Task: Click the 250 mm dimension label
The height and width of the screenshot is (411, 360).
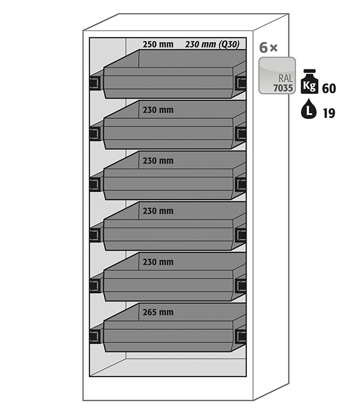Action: pyautogui.click(x=158, y=45)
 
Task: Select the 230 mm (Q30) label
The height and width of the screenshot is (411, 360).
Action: pyautogui.click(x=212, y=44)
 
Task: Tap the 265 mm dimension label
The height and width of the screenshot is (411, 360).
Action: pyautogui.click(x=158, y=312)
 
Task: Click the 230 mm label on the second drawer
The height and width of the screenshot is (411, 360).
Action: pyautogui.click(x=158, y=110)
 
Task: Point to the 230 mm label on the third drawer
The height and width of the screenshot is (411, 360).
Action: pyautogui.click(x=158, y=161)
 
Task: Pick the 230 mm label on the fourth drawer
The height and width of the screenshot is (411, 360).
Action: pyautogui.click(x=158, y=211)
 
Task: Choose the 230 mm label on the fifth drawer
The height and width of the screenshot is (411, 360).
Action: pyautogui.click(x=158, y=262)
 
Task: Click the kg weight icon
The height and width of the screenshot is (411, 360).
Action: pyautogui.click(x=310, y=81)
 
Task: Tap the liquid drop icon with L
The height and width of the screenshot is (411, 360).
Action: pyautogui.click(x=309, y=109)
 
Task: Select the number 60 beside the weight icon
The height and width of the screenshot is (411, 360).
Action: pyautogui.click(x=329, y=89)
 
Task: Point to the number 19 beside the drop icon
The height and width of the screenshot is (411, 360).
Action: pyautogui.click(x=329, y=113)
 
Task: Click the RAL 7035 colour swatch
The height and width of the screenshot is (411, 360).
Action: pyautogui.click(x=277, y=76)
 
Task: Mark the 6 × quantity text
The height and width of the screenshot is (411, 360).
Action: pyautogui.click(x=268, y=48)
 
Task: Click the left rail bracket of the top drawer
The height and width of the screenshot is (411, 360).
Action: pyautogui.click(x=95, y=83)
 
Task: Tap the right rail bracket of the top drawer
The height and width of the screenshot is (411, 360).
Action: pyautogui.click(x=240, y=83)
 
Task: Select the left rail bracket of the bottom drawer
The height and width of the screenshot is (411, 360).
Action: pyautogui.click(x=95, y=336)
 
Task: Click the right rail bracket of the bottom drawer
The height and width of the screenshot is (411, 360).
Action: pyautogui.click(x=240, y=336)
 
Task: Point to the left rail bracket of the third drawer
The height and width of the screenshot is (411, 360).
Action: pyautogui.click(x=95, y=184)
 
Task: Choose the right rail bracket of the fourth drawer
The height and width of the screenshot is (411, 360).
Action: pyautogui.click(x=240, y=235)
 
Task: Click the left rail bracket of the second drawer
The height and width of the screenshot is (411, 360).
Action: pyautogui.click(x=95, y=134)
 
